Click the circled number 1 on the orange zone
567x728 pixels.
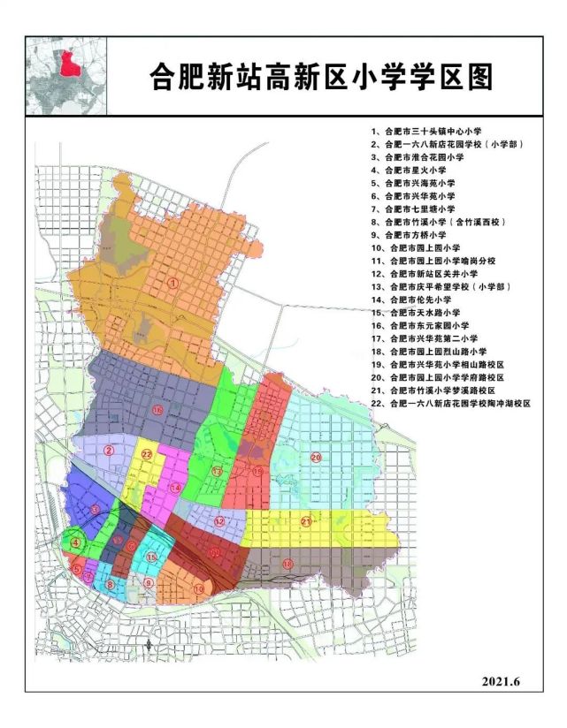(x=174, y=283)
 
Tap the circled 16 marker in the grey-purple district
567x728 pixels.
(x=157, y=411)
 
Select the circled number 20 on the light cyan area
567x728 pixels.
(x=315, y=457)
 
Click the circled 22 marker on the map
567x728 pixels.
(x=148, y=455)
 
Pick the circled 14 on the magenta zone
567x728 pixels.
(x=175, y=487)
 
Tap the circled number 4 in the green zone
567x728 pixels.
(x=76, y=542)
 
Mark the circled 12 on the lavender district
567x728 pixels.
(x=218, y=521)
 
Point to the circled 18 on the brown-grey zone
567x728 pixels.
(x=287, y=563)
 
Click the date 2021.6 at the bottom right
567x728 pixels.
(x=503, y=681)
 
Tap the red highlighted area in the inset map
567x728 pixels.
(x=65, y=64)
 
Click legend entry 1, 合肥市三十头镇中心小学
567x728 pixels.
(x=425, y=130)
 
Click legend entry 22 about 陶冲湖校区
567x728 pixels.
(x=450, y=403)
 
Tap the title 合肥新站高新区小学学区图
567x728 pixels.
(x=318, y=76)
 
